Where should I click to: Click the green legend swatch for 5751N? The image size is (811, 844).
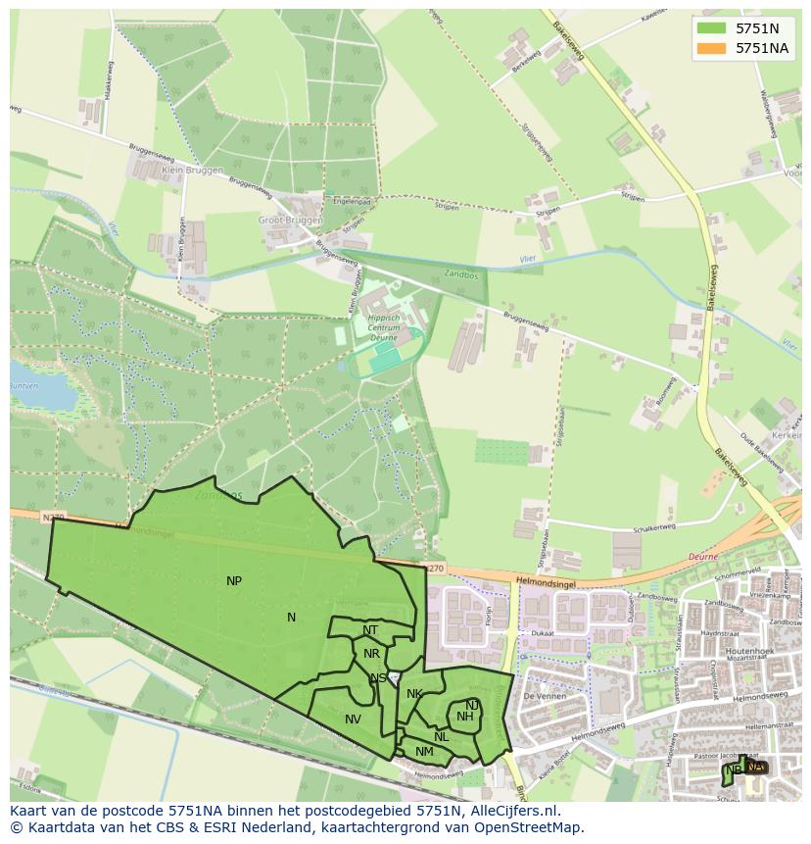(x=711, y=28)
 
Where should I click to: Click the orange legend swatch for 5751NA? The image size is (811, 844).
(x=711, y=48)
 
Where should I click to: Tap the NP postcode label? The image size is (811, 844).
(x=234, y=581)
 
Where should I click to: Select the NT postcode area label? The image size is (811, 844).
(x=370, y=630)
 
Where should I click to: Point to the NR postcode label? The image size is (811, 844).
(x=371, y=654)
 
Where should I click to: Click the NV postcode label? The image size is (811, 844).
(x=353, y=720)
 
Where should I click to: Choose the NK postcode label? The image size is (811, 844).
(x=414, y=694)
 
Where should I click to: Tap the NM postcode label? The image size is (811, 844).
(x=424, y=752)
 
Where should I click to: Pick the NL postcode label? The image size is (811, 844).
(x=442, y=737)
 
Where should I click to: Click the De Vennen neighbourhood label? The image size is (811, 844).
(x=540, y=695)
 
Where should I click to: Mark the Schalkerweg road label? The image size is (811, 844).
(x=654, y=527)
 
